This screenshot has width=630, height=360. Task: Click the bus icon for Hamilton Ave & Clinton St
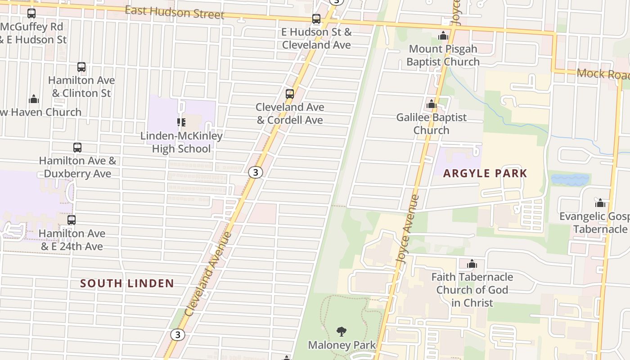pyautogui.click(x=81, y=67)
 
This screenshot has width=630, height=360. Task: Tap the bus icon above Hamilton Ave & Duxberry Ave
pyautogui.click(x=77, y=148)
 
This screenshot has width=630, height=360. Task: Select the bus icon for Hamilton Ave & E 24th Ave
pyautogui.click(x=72, y=220)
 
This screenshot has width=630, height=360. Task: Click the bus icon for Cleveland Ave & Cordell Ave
pyautogui.click(x=290, y=94)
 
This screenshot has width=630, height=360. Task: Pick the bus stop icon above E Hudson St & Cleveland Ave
pyautogui.click(x=316, y=19)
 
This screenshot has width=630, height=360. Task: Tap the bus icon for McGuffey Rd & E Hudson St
pyautogui.click(x=31, y=13)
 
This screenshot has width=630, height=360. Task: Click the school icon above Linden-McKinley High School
pyautogui.click(x=181, y=122)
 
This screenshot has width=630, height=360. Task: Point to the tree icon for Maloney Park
pyautogui.click(x=342, y=332)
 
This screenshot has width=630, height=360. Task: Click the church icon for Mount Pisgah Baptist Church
pyautogui.click(x=443, y=36)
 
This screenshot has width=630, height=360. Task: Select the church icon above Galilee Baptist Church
pyautogui.click(x=432, y=104)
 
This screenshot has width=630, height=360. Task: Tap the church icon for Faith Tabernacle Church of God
pyautogui.click(x=472, y=264)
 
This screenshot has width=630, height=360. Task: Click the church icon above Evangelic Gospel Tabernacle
pyautogui.click(x=600, y=203)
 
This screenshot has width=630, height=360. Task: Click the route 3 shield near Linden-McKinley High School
pyautogui.click(x=255, y=172)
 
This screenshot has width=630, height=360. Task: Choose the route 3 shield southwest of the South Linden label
pyautogui.click(x=178, y=335)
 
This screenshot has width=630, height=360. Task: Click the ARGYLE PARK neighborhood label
pyautogui.click(x=485, y=173)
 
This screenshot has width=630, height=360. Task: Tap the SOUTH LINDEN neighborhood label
pyautogui.click(x=127, y=283)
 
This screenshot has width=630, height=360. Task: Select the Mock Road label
pyautogui.click(x=602, y=74)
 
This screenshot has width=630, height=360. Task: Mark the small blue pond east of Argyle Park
pyautogui.click(x=570, y=180)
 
